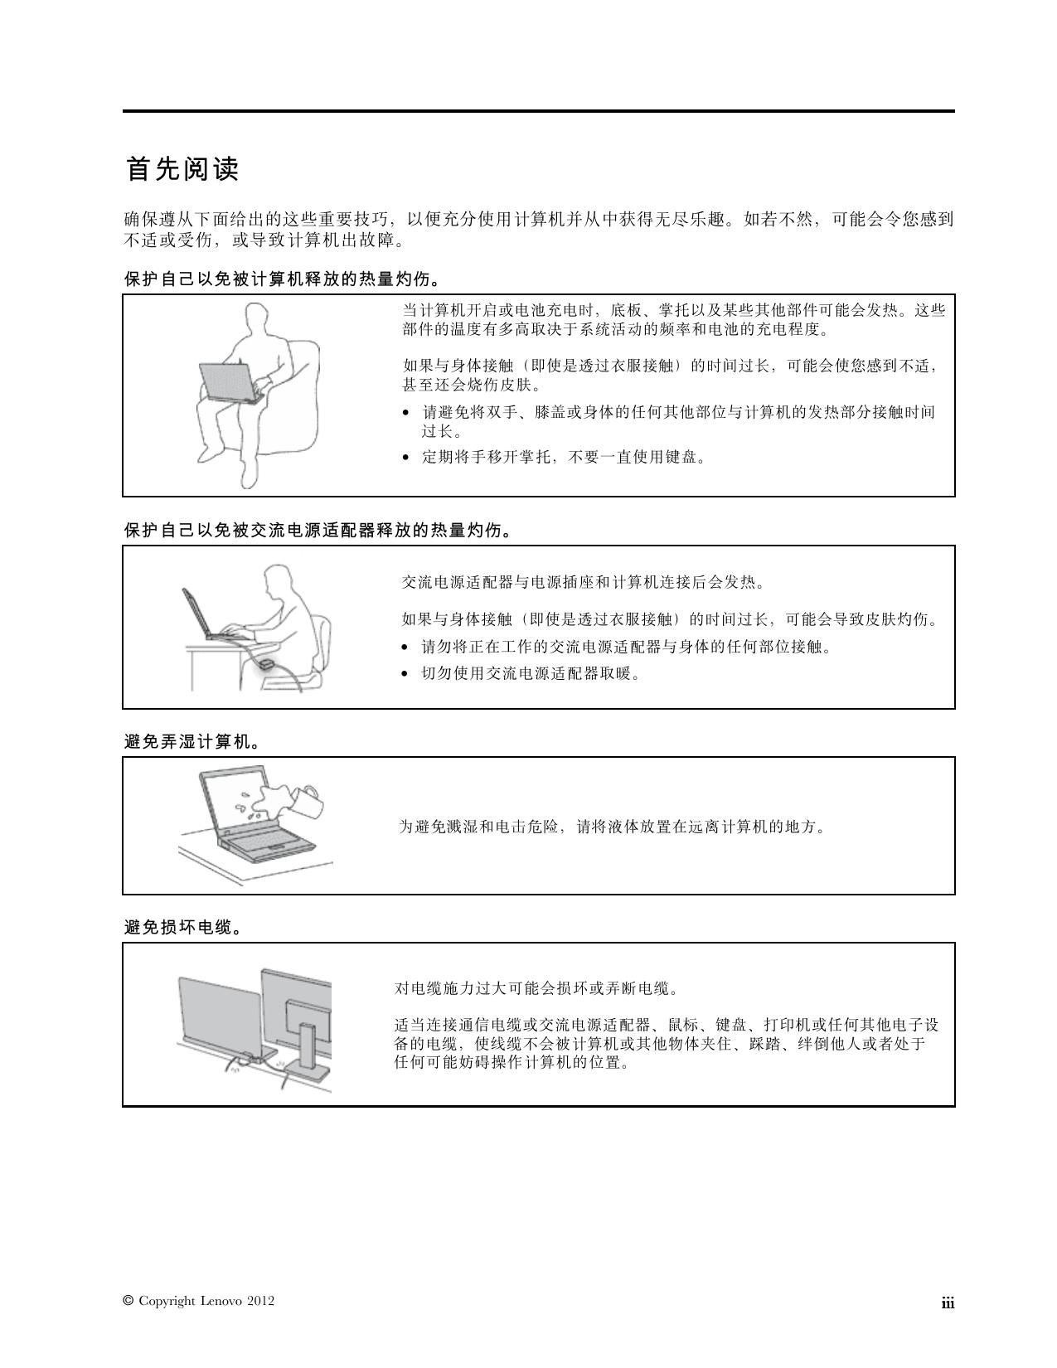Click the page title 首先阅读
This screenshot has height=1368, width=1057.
pos(182,169)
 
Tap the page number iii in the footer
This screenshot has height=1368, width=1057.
pos(948,1303)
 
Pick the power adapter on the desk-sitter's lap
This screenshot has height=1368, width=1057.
pos(266,664)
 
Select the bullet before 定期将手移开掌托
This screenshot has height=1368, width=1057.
pos(405,458)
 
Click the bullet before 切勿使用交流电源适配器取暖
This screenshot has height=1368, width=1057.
pos(405,674)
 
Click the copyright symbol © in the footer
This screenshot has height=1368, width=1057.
pos(128,1301)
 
